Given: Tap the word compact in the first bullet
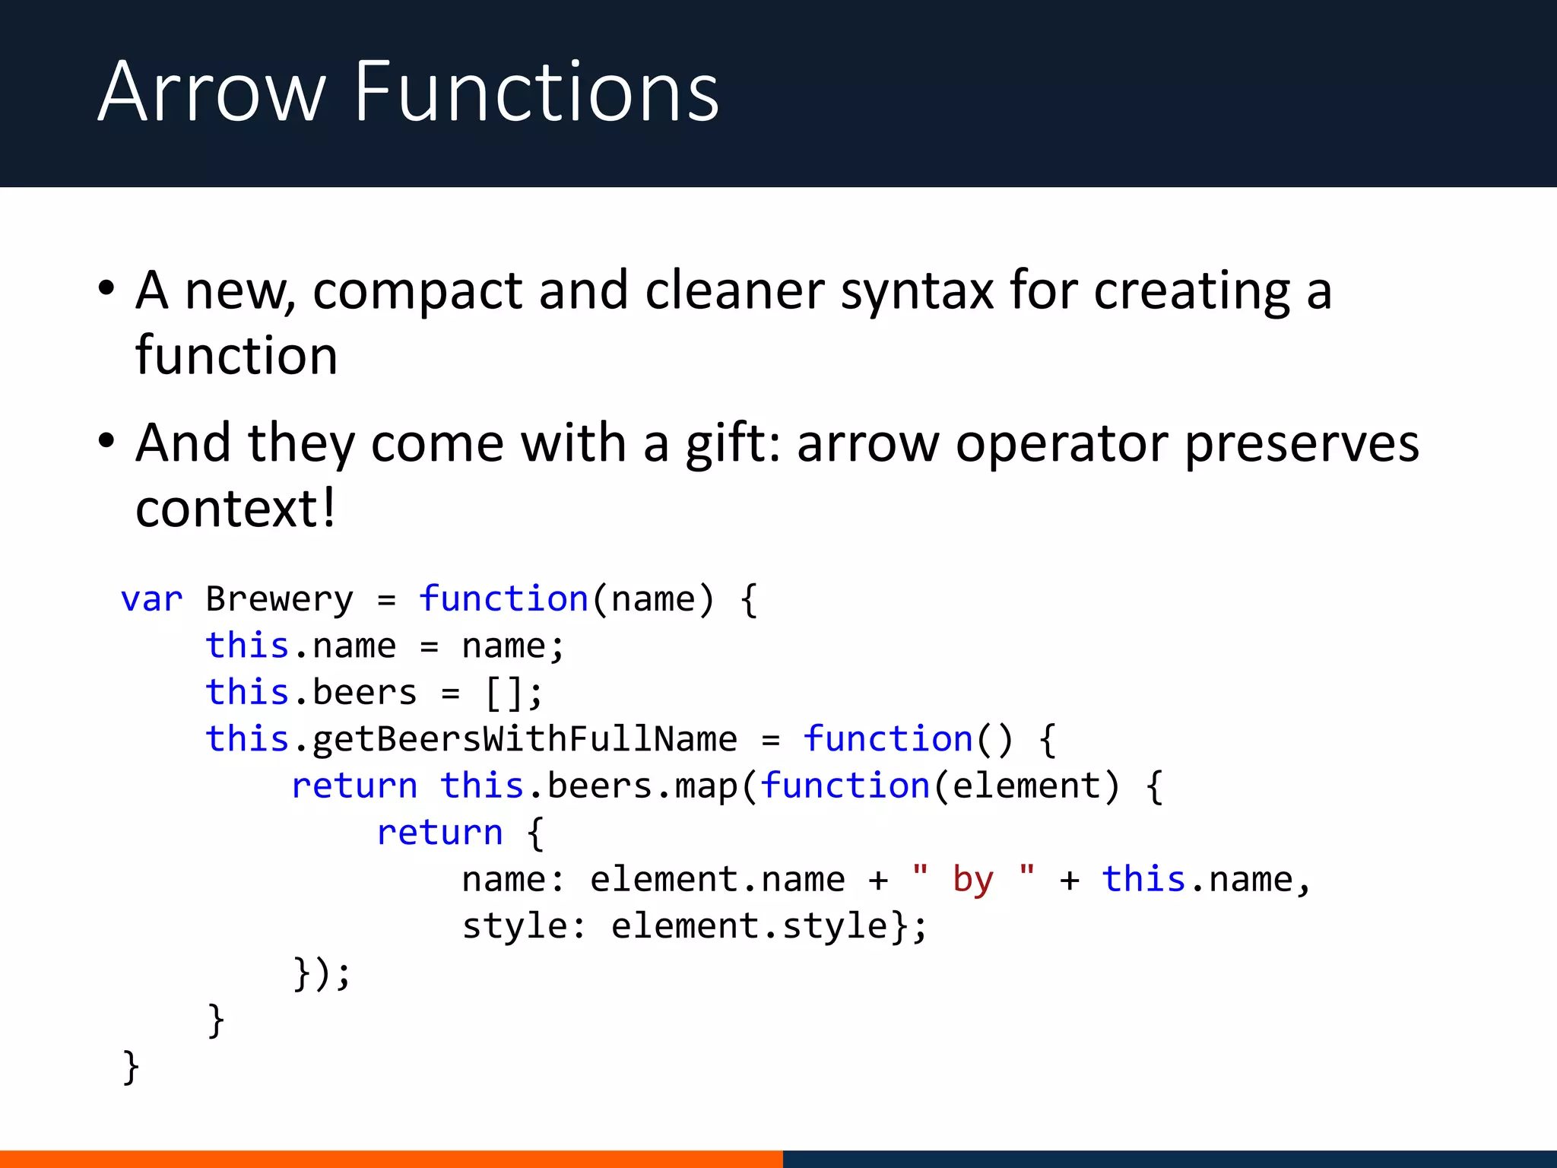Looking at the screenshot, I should point(417,292).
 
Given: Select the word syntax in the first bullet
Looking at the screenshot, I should point(917,292).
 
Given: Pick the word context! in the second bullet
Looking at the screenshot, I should point(235,508).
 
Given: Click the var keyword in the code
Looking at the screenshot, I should point(152,599).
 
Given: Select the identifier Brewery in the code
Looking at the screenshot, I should point(280,599).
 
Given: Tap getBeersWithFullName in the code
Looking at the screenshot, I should point(525,739).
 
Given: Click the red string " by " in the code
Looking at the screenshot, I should point(973,879).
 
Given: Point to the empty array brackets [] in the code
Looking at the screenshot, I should point(503,693).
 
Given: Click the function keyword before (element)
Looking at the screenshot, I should point(845,786).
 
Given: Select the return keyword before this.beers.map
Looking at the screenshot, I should point(354,786).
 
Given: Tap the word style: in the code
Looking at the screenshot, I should point(524,926).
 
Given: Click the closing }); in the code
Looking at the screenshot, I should point(322,973).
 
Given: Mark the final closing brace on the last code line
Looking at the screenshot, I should point(131,1067).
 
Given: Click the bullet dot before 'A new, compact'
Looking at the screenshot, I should point(106,289).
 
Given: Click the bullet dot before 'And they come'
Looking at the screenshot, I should point(106,441).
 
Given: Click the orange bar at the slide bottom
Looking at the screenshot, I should point(391,1159).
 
